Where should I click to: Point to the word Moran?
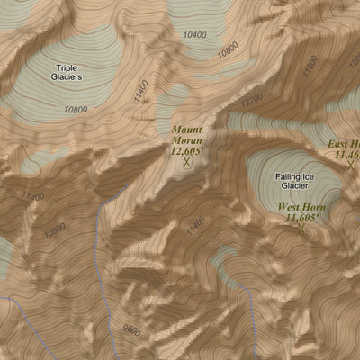click(187, 141)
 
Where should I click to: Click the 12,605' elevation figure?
click(187, 152)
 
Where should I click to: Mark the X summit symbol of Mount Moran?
click(187, 164)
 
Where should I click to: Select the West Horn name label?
click(301, 207)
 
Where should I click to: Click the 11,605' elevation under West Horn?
click(301, 218)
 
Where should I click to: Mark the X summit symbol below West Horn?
click(301, 229)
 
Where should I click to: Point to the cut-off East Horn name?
click(344, 144)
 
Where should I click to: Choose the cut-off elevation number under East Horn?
click(346, 155)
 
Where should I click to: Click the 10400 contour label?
click(193, 34)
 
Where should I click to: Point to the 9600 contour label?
click(132, 331)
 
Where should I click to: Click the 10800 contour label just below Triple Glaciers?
click(76, 110)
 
